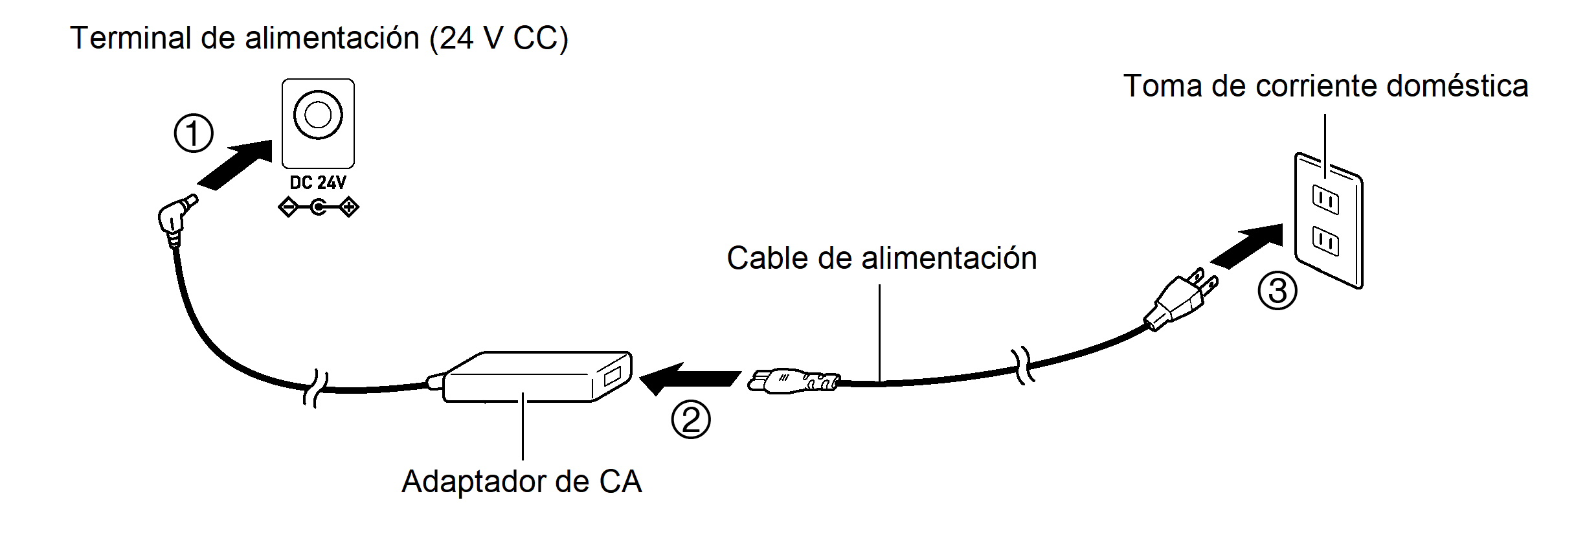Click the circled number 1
point(194,133)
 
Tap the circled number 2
point(690,420)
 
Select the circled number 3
point(1277,291)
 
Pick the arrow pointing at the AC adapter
point(689,378)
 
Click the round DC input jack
point(317,115)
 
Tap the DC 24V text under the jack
point(317,183)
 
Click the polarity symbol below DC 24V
point(317,208)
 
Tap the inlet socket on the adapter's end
point(612,376)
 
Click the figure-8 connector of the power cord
point(793,381)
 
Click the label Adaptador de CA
point(521,482)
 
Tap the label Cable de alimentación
point(881,258)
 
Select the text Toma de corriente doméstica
point(1325,86)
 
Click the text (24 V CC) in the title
point(499,38)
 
